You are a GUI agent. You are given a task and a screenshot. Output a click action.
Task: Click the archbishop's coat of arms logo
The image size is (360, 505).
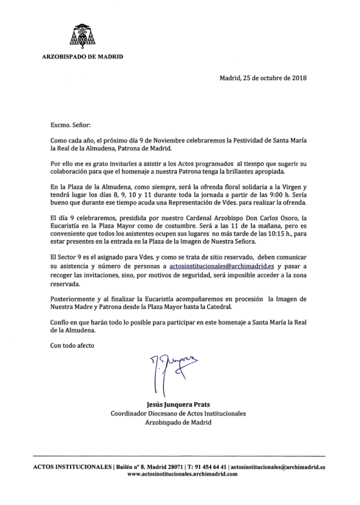83,37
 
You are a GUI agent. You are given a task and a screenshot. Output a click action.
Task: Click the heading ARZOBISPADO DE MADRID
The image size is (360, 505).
83,57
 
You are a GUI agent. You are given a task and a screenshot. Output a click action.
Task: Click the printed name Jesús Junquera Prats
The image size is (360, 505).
179,403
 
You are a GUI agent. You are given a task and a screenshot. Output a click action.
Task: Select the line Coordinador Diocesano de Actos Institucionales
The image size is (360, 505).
179,413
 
